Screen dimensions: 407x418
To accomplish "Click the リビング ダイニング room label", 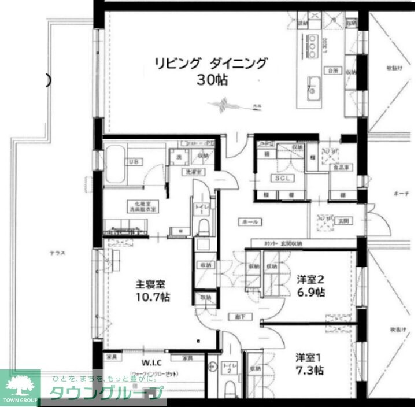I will click(210, 63).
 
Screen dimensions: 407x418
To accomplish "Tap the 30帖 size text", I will click(212, 80).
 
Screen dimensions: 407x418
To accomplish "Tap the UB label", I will click(134, 162).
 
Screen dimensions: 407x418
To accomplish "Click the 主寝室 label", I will click(150, 284).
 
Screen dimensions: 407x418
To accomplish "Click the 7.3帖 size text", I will click(310, 371).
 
